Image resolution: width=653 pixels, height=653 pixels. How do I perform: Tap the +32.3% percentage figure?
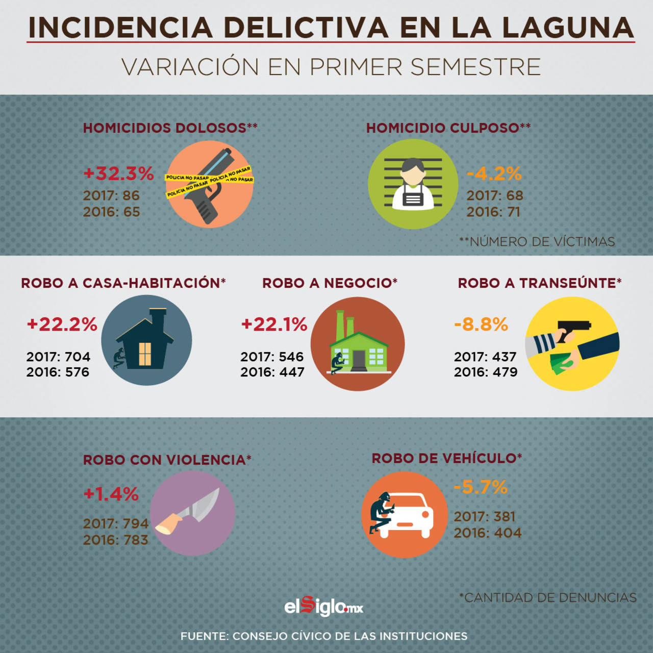(x=118, y=173)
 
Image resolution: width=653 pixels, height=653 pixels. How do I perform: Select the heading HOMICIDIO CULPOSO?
(x=448, y=128)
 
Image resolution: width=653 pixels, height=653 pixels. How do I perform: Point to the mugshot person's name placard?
(x=413, y=198)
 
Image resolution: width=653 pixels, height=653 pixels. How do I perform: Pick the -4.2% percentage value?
(x=494, y=174)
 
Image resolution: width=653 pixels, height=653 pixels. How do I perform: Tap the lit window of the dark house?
(x=145, y=354)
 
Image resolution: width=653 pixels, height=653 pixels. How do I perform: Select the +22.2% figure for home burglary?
(x=62, y=324)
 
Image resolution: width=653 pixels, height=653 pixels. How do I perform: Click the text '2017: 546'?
(x=272, y=357)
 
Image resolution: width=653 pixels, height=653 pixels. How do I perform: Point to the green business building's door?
(x=359, y=360)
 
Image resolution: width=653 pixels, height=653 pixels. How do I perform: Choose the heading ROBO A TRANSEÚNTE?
(x=539, y=283)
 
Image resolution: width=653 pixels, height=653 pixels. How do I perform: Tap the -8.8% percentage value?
(x=481, y=324)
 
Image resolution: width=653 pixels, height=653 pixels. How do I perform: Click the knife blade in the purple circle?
(x=204, y=505)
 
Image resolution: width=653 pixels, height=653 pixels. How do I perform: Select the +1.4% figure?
(x=111, y=494)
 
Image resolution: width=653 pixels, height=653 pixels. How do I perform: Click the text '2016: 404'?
(x=487, y=533)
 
